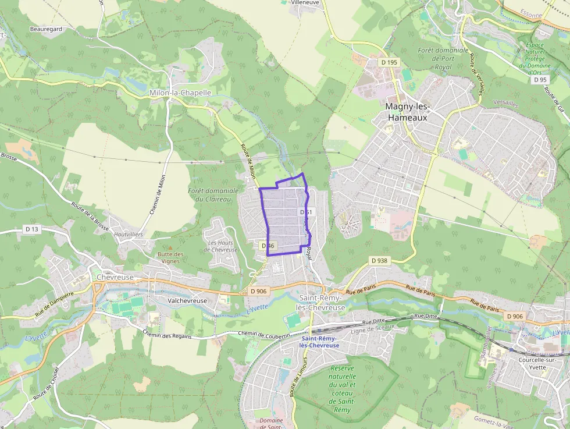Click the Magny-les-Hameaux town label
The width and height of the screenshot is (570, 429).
407,112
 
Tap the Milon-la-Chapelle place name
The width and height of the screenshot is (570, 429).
180,93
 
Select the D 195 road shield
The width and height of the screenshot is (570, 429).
389,62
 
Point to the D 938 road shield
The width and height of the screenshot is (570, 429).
379,260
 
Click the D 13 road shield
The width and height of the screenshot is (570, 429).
32,229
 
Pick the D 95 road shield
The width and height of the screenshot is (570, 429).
540,80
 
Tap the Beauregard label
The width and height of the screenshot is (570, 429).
46,28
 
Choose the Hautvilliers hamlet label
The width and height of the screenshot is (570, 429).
129,234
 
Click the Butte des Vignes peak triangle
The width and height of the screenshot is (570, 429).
170,248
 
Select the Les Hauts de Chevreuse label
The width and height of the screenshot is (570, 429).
223,246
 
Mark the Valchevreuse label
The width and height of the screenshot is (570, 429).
187,300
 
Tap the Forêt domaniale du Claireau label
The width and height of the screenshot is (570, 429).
213,194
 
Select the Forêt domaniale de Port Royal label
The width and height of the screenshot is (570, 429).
443,58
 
